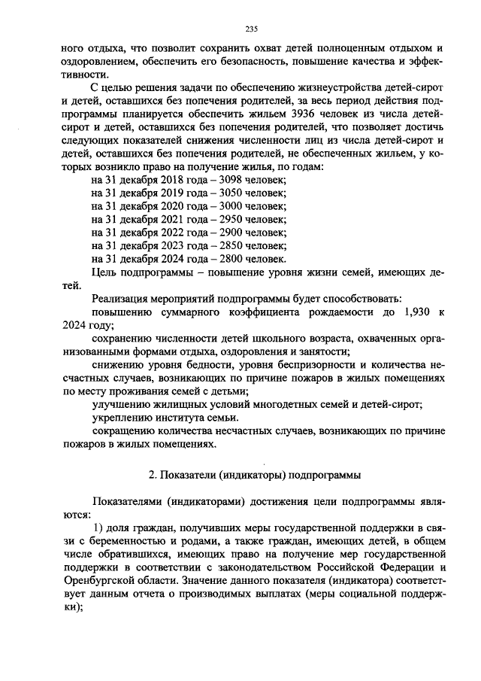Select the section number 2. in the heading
point(153,476)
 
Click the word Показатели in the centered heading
point(187,476)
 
